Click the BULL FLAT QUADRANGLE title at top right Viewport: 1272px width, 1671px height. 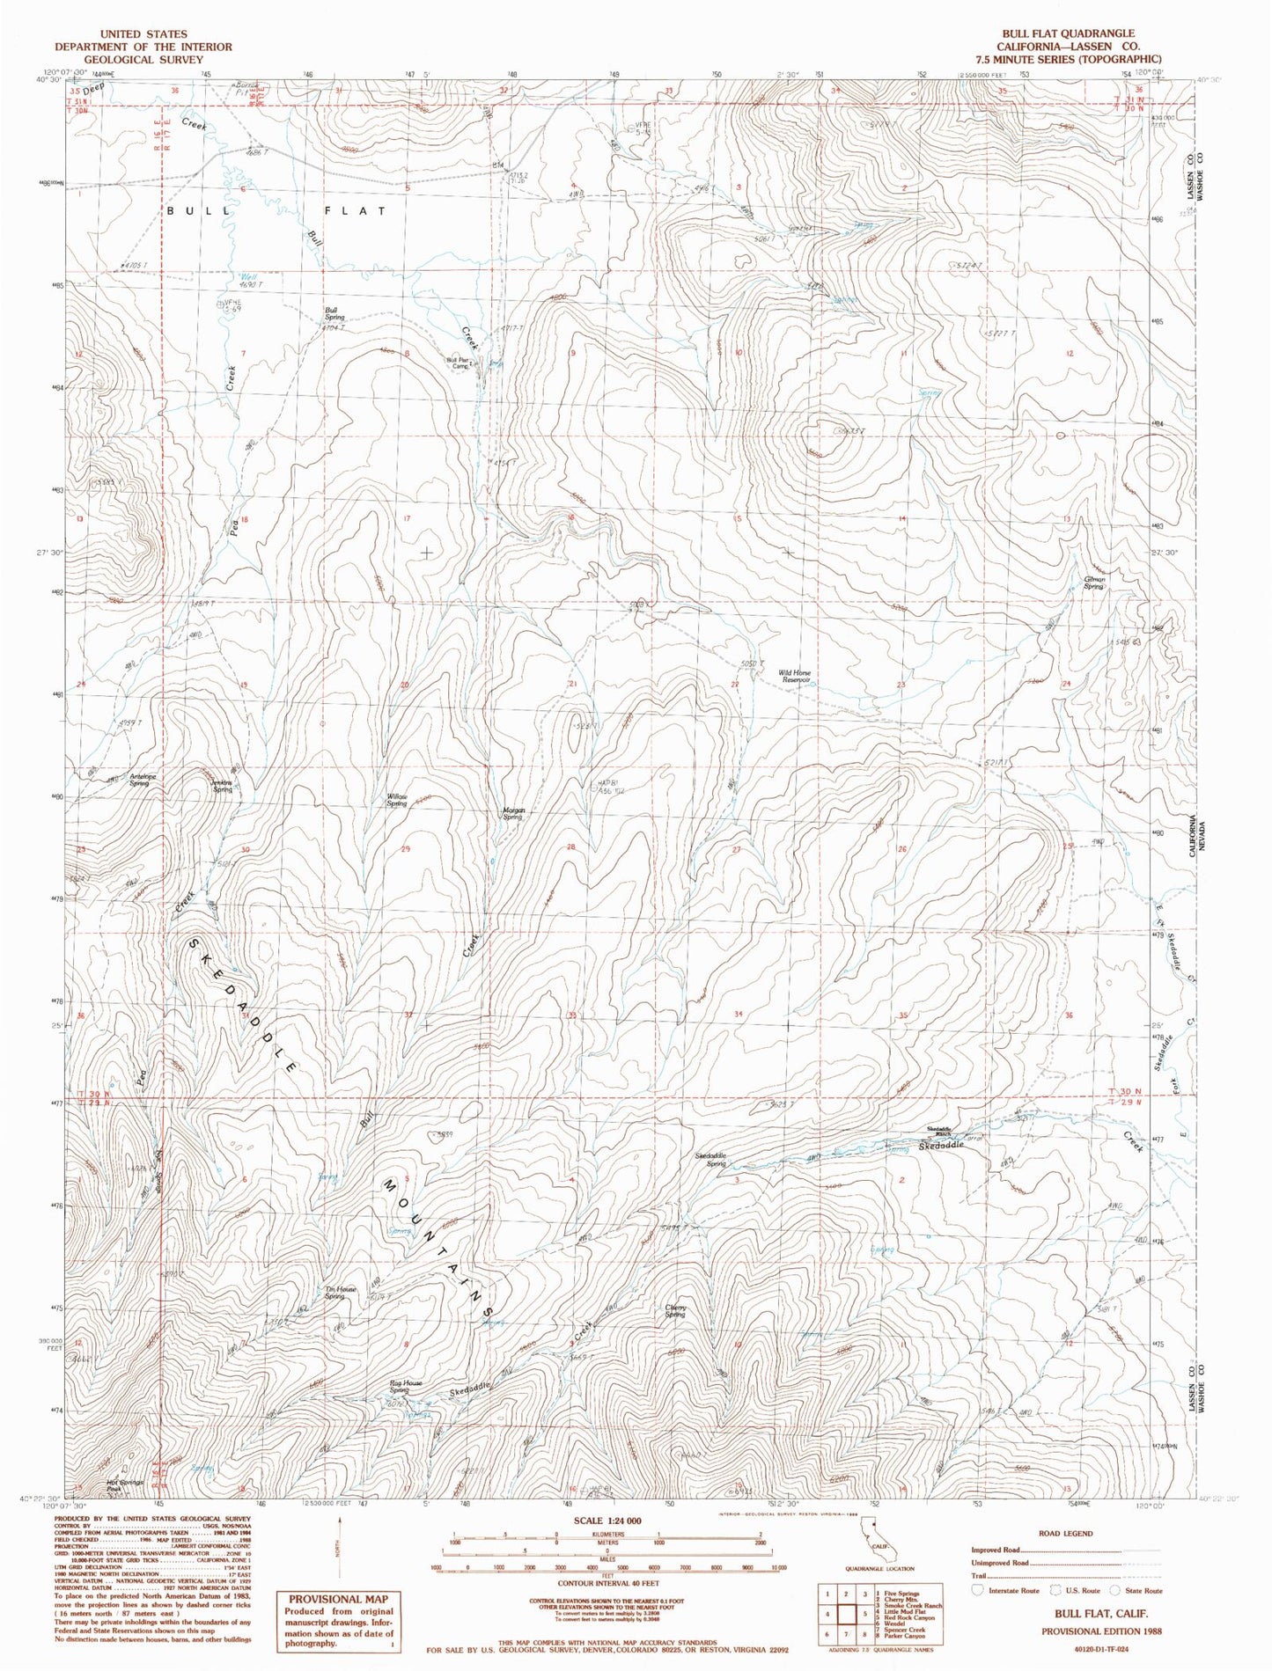tap(1067, 33)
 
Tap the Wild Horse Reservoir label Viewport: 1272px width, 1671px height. tap(794, 676)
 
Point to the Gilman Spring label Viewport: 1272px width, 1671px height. tap(1093, 583)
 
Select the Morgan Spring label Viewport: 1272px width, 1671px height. tap(513, 813)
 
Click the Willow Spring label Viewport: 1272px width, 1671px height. tap(397, 800)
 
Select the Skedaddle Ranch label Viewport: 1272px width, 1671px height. tap(938, 1132)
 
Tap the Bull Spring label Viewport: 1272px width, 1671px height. tap(333, 313)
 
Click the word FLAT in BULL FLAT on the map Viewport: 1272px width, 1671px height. tap(354, 211)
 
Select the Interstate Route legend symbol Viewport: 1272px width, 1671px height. tap(976, 1590)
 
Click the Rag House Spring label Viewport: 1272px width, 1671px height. tap(406, 1387)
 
